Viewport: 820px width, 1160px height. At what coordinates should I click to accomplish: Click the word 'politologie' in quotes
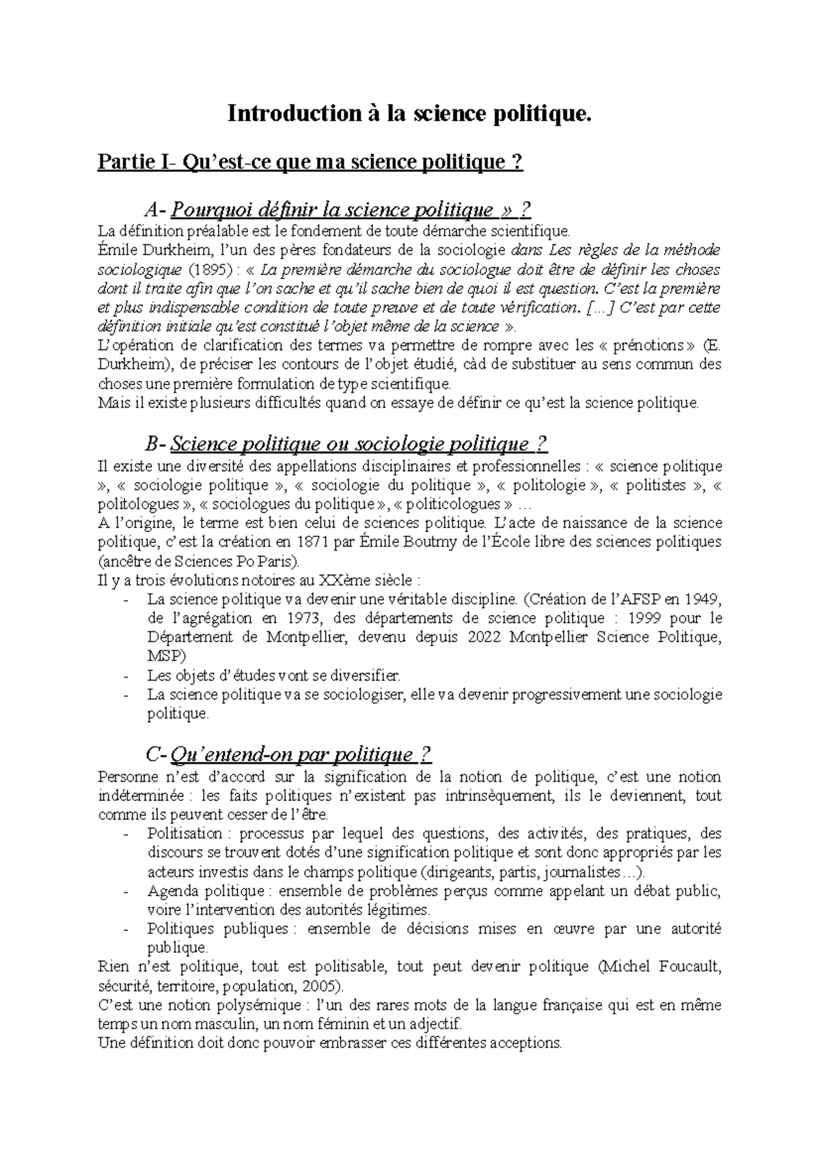click(549, 486)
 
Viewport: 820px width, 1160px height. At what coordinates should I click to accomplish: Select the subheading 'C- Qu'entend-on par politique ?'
click(289, 754)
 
